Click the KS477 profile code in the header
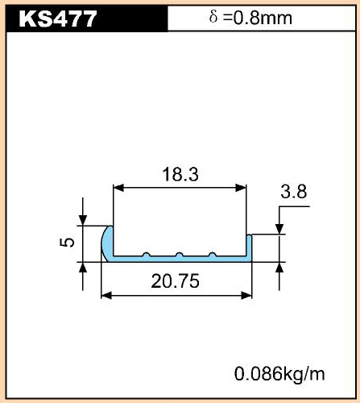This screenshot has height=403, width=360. (x=58, y=19)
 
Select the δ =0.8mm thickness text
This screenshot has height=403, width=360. (x=250, y=18)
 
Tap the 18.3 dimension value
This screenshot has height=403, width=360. (x=180, y=174)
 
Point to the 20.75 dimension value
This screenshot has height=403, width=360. (x=175, y=281)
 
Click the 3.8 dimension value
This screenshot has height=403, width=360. (x=294, y=192)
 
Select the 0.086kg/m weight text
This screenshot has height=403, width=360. (x=279, y=373)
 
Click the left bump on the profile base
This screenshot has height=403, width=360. (x=146, y=255)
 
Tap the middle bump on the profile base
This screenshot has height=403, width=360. (x=179, y=255)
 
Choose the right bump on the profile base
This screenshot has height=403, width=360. (x=213, y=255)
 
